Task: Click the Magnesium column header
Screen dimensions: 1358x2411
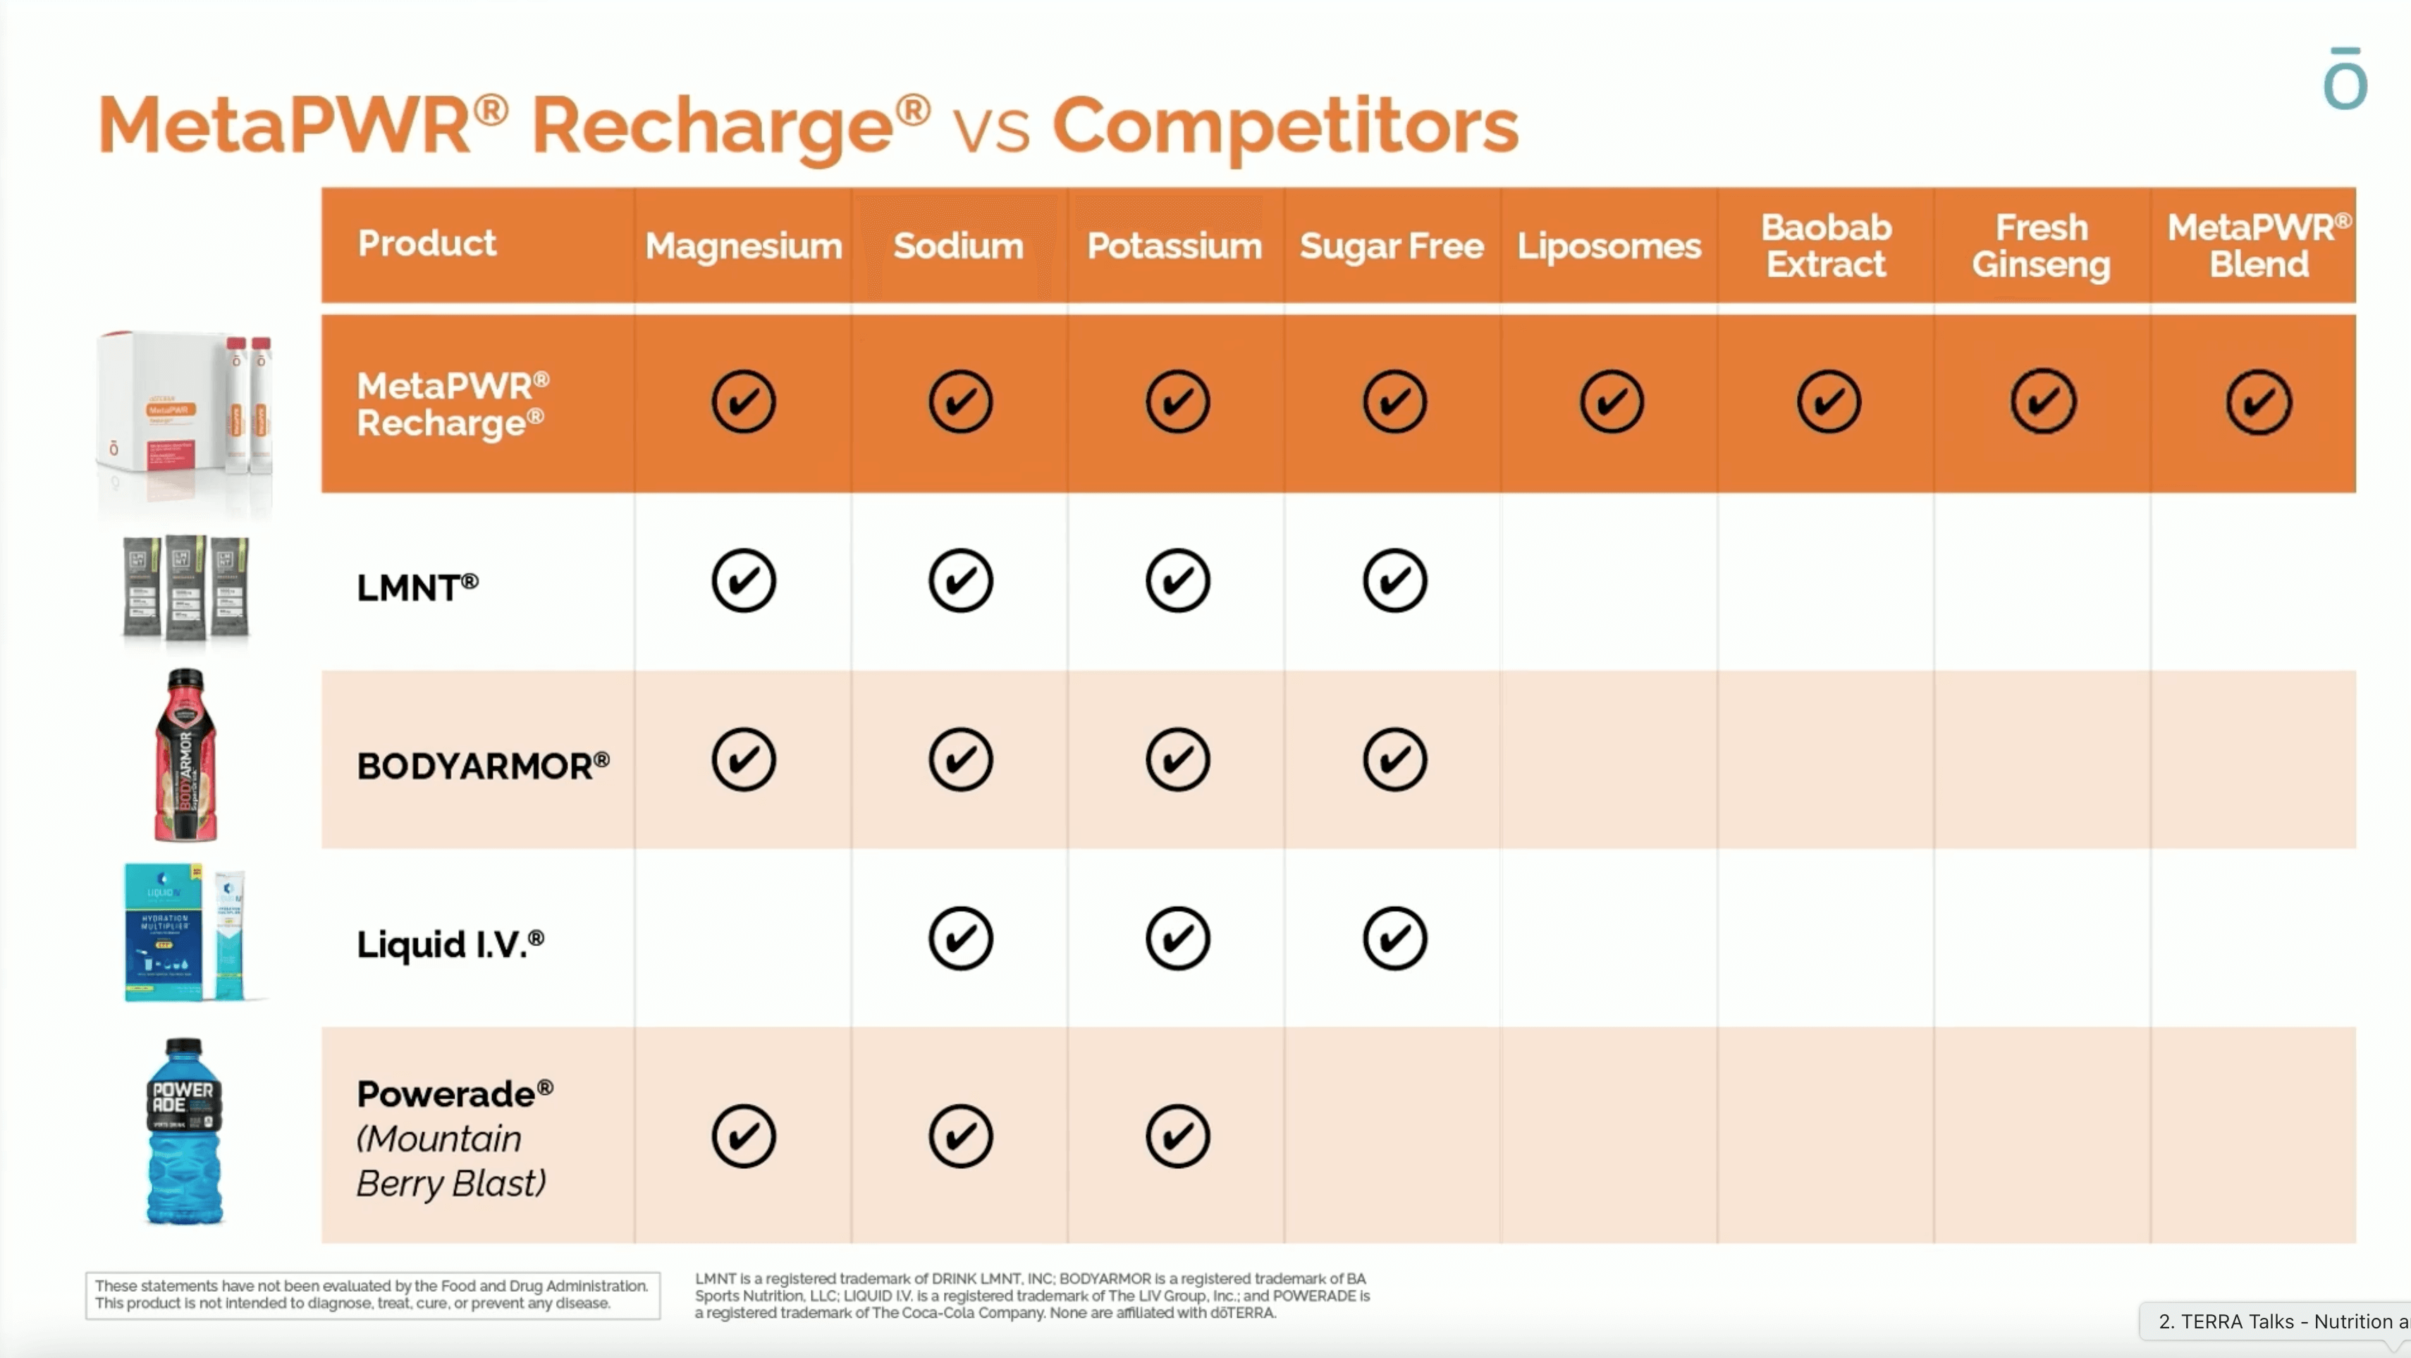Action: point(743,246)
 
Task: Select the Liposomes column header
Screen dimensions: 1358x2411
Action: point(1609,246)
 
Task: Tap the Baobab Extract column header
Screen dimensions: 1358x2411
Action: point(1826,246)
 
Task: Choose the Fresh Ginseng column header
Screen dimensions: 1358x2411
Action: point(2042,246)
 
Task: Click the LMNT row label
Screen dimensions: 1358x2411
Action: point(417,588)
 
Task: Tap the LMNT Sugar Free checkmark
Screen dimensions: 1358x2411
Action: point(1394,581)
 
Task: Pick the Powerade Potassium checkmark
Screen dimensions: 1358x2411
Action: point(1177,1136)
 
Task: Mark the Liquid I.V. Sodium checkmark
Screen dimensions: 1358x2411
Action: point(960,938)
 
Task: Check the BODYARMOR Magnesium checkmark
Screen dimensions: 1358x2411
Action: point(743,759)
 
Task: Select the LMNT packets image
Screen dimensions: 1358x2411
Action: point(185,588)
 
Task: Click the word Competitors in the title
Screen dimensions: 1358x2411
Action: point(1285,126)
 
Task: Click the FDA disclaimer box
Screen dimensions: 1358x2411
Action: point(372,1295)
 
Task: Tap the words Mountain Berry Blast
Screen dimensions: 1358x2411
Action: point(450,1161)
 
